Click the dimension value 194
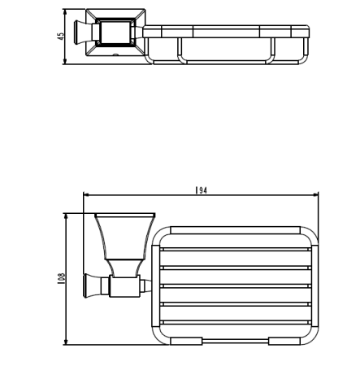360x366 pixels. [x=201, y=190]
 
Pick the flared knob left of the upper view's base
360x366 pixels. [x=80, y=33]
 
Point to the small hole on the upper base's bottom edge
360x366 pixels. [x=115, y=56]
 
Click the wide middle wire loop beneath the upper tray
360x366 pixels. [x=225, y=51]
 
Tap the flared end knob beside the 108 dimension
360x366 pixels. [x=89, y=285]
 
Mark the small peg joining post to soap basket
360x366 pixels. [x=147, y=285]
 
